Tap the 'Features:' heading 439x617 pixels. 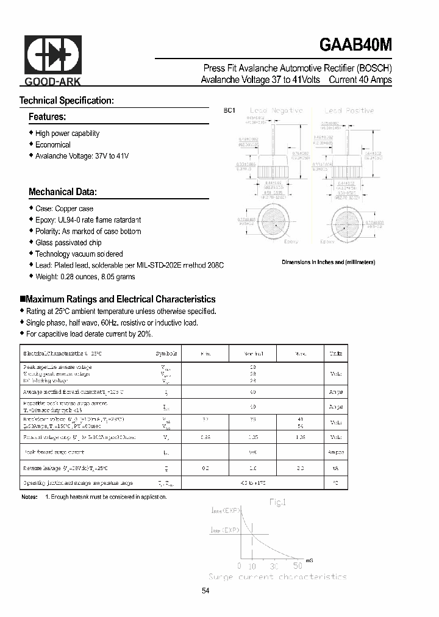(x=47, y=116)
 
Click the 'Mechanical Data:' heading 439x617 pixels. (x=63, y=192)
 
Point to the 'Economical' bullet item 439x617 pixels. (x=52, y=145)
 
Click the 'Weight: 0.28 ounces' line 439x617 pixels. (x=85, y=277)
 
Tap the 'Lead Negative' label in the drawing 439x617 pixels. (x=279, y=110)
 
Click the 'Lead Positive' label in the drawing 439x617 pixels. (x=349, y=110)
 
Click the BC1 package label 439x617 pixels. (x=229, y=110)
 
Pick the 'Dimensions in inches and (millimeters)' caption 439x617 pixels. (x=328, y=262)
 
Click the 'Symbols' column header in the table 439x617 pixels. (x=166, y=354)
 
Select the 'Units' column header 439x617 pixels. (x=335, y=354)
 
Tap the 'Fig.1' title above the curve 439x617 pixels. (x=279, y=502)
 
